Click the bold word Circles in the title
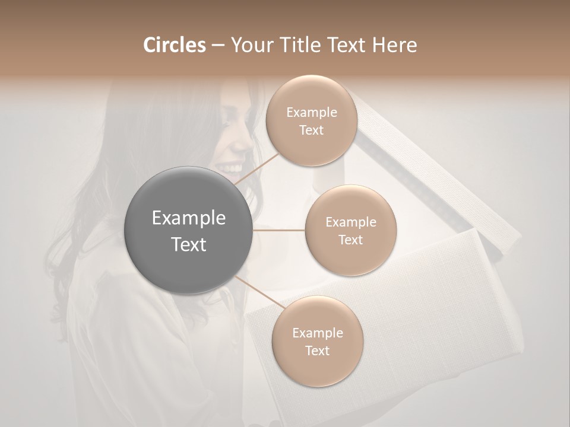coord(175,45)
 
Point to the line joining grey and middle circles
coord(279,230)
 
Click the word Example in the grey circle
coord(189,218)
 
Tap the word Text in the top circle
coord(311,130)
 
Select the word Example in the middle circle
coord(350,222)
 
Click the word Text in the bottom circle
coord(317,350)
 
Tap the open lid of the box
coord(439,172)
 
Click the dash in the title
coord(217,46)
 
